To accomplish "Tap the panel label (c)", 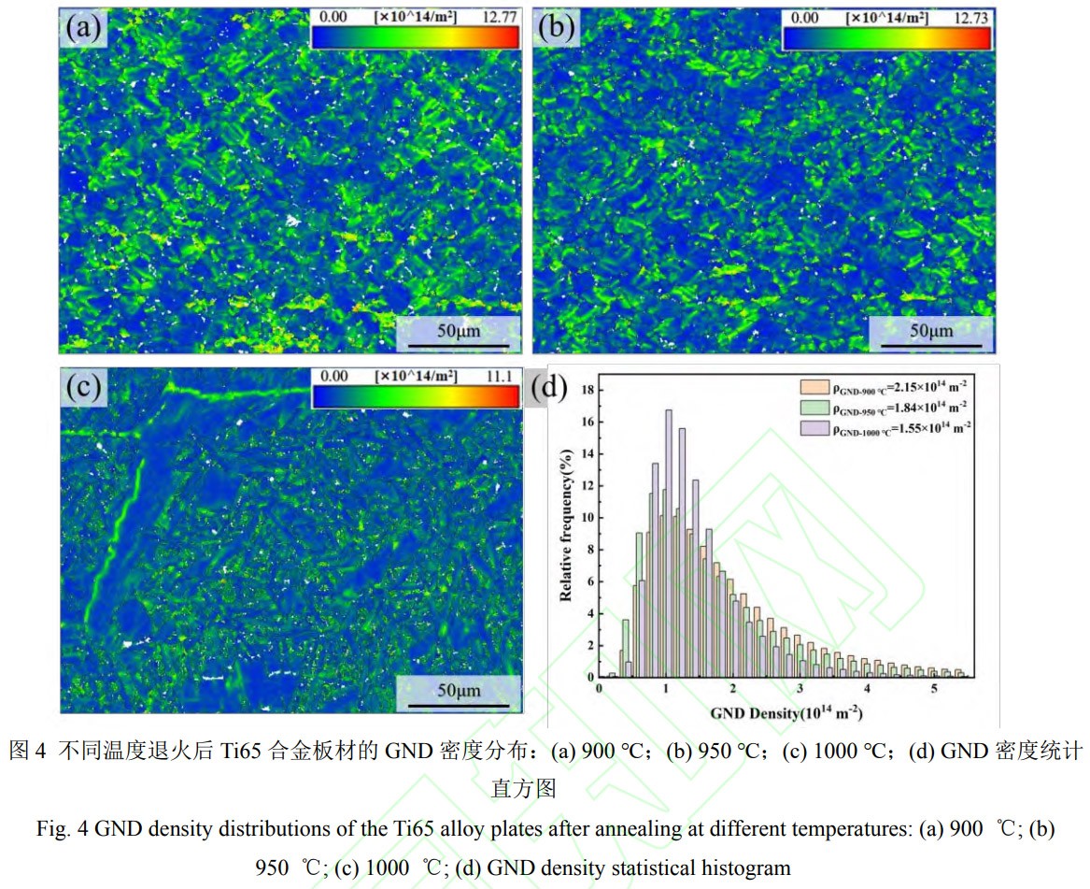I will tap(83, 386).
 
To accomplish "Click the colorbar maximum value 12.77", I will tap(501, 16).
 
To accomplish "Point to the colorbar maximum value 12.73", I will tap(972, 16).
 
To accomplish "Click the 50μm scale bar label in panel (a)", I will tap(458, 330).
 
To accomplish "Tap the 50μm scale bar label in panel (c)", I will tap(458, 690).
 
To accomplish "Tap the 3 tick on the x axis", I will tap(800, 689).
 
